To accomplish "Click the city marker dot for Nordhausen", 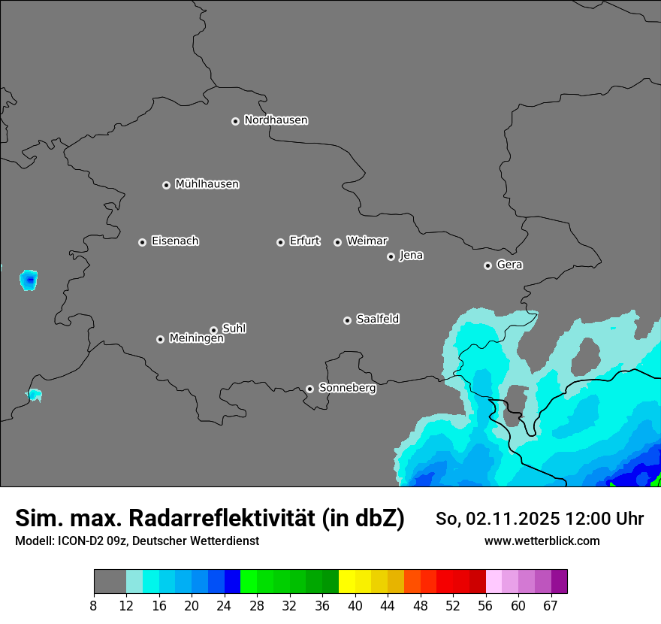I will (235, 121).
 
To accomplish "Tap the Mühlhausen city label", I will (207, 184).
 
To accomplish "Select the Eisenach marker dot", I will (142, 242).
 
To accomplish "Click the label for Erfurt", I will (304, 241).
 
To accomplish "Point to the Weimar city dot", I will (337, 242).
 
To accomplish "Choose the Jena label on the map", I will (411, 256).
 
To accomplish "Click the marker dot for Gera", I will (487, 265).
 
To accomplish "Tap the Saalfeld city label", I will (377, 320).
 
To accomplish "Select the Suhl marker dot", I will (213, 330).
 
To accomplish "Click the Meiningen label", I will (196, 339).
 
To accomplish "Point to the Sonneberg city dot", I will (309, 389).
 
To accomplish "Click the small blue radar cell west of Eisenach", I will (29, 280).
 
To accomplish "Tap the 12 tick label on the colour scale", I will (126, 605).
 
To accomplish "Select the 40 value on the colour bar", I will (355, 605).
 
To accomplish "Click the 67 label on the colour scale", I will (551, 605).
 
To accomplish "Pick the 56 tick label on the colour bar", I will (485, 605).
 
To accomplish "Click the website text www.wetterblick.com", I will (542, 541).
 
